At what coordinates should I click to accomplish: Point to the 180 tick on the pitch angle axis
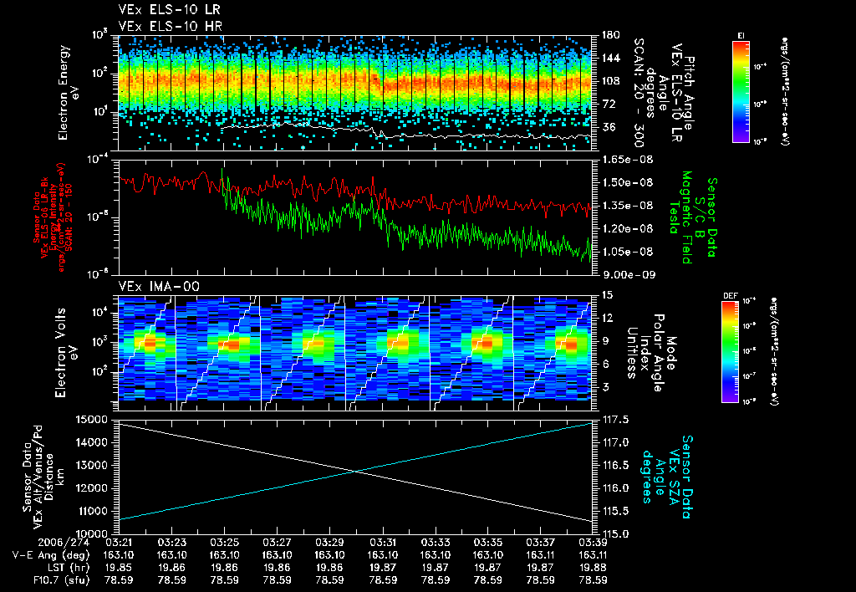(x=608, y=35)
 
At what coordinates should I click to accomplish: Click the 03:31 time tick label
(x=383, y=543)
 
